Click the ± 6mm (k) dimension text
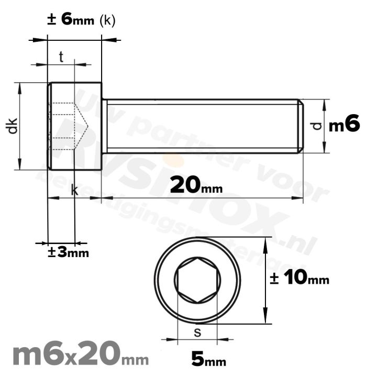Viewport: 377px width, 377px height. (x=81, y=20)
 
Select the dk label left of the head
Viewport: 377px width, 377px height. (x=13, y=126)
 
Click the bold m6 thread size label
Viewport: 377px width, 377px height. (x=344, y=125)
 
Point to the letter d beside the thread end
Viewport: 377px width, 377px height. (x=315, y=126)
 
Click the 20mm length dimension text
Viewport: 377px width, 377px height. (x=196, y=184)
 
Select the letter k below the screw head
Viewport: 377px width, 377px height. (x=74, y=191)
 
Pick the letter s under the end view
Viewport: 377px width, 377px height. (x=197, y=332)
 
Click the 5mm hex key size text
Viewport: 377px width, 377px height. (x=208, y=359)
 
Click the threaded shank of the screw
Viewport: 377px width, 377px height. (x=202, y=126)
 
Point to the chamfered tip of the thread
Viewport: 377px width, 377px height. (x=301, y=126)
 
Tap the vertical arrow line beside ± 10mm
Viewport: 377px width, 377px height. (x=267, y=281)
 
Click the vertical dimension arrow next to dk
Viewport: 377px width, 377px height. (x=20, y=126)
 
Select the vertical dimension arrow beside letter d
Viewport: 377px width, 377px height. (x=325, y=126)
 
